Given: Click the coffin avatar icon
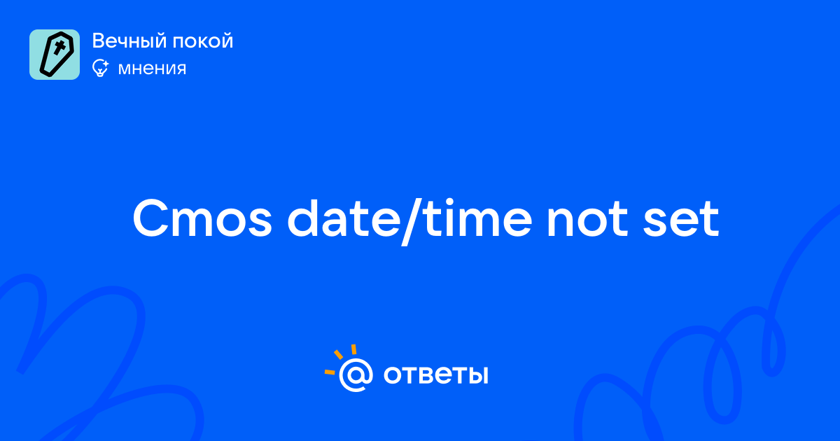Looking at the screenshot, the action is click(55, 55).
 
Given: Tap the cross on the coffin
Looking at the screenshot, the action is click(59, 48).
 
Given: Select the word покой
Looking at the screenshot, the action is click(203, 41).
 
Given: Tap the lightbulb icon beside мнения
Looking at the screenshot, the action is click(100, 68).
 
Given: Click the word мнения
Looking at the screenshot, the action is click(152, 69).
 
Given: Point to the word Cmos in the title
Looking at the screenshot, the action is click(202, 218).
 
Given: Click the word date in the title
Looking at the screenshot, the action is click(344, 218).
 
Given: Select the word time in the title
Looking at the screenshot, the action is click(478, 218).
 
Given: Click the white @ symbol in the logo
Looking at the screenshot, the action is click(356, 374).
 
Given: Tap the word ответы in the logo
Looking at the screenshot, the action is click(435, 375).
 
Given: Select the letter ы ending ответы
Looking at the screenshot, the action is click(479, 375).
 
